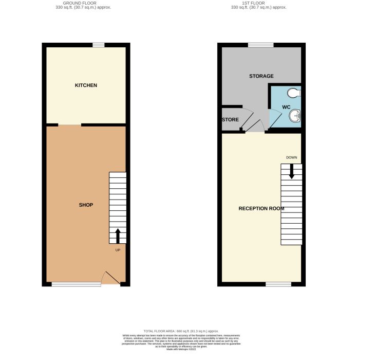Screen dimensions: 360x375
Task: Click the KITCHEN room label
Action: coord(86,85)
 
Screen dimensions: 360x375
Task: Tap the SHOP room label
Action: coord(86,205)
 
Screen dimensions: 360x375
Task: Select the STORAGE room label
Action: coord(261,76)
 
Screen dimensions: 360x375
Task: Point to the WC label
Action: coord(287,107)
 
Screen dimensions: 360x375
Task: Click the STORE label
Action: coord(230,120)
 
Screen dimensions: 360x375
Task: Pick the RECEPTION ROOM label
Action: coord(261,208)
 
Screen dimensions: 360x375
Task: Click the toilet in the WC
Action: coord(294,93)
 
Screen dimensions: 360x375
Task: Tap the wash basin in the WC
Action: coord(295,117)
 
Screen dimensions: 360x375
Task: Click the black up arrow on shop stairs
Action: coord(118,236)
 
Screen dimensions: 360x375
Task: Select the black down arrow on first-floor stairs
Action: coord(291,171)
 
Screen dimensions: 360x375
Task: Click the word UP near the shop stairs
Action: coord(118,250)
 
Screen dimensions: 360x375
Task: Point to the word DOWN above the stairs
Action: coord(291,157)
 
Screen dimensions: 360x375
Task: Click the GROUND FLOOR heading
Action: coord(83,4)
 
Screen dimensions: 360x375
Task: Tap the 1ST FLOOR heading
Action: coord(258,4)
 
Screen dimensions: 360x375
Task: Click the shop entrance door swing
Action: coord(110,278)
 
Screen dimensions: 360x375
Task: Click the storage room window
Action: coord(260,45)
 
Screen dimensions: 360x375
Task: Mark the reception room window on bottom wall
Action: coord(278,284)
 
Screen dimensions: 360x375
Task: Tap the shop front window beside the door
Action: coord(76,284)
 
